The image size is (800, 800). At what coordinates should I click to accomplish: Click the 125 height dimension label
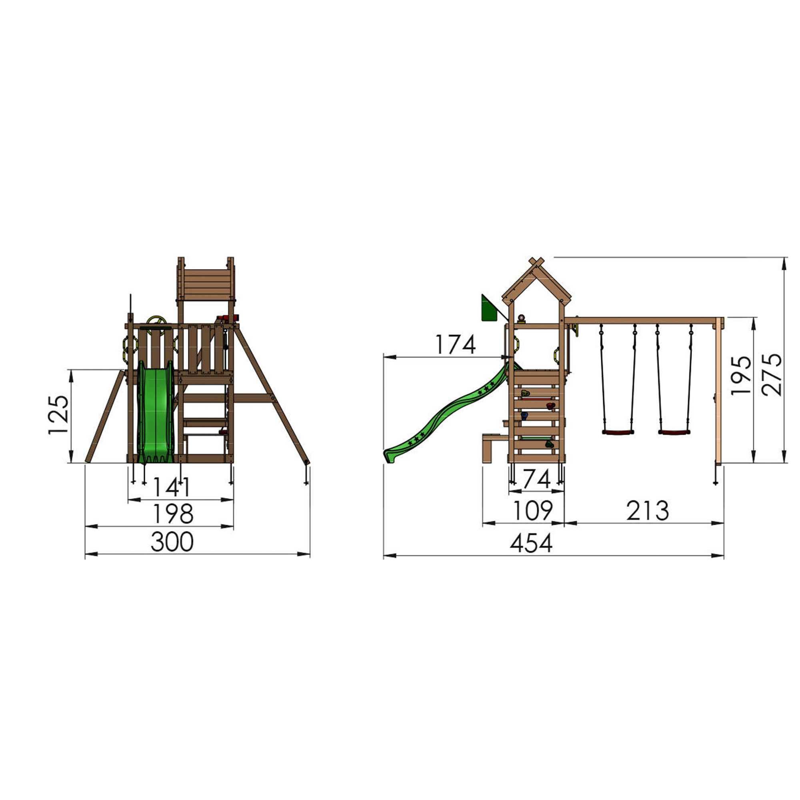tap(58, 415)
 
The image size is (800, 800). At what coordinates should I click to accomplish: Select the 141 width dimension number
tap(172, 487)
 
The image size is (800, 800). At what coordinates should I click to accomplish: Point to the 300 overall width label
tap(172, 542)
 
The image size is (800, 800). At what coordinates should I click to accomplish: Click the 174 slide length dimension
tap(455, 344)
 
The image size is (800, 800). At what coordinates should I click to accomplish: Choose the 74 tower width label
tap(536, 480)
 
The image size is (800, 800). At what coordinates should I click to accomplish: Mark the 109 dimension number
tap(532, 510)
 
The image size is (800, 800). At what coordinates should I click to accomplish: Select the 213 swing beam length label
tap(648, 511)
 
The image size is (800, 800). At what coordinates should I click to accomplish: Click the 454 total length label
tap(531, 544)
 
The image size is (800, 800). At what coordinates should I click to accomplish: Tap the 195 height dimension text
tap(741, 375)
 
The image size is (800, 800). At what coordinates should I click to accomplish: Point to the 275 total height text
tap(773, 375)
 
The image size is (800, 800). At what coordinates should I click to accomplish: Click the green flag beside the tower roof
tap(489, 308)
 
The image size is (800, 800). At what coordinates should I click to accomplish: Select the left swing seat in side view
tap(618, 432)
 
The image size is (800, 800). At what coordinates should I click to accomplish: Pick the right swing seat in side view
tap(674, 432)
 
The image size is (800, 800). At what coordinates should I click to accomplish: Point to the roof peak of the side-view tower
tap(537, 262)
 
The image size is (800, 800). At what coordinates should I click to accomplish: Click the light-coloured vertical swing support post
tap(719, 393)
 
